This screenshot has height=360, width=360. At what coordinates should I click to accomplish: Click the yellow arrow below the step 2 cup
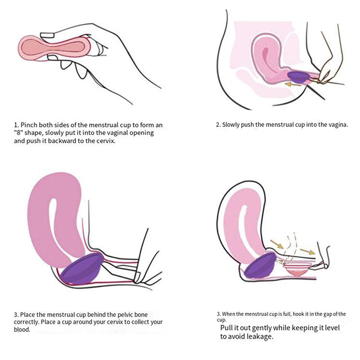(292, 85)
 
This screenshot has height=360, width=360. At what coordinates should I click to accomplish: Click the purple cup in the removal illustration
(260, 265)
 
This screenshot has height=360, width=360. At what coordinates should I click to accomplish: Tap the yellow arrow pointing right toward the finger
(307, 252)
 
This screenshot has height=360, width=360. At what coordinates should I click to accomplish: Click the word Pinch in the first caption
(29, 125)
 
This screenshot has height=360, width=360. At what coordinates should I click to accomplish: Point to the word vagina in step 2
(339, 125)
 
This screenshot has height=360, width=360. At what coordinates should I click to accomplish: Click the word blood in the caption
(22, 329)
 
